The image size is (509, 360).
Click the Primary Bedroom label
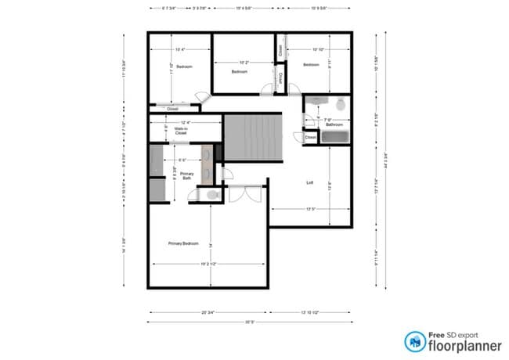click(x=183, y=243)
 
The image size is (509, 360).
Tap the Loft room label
click(x=309, y=182)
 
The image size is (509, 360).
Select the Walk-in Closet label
click(x=181, y=132)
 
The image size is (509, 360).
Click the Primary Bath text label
click(x=186, y=175)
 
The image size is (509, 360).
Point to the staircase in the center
click(x=251, y=137)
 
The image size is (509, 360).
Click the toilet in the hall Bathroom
click(x=341, y=104)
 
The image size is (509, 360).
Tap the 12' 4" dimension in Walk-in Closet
click(x=186, y=122)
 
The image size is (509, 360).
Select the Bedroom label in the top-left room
click(x=185, y=67)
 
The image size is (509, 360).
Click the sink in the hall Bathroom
click(x=317, y=100)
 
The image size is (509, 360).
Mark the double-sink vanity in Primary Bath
click(x=207, y=164)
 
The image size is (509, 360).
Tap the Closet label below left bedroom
click(x=172, y=109)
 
